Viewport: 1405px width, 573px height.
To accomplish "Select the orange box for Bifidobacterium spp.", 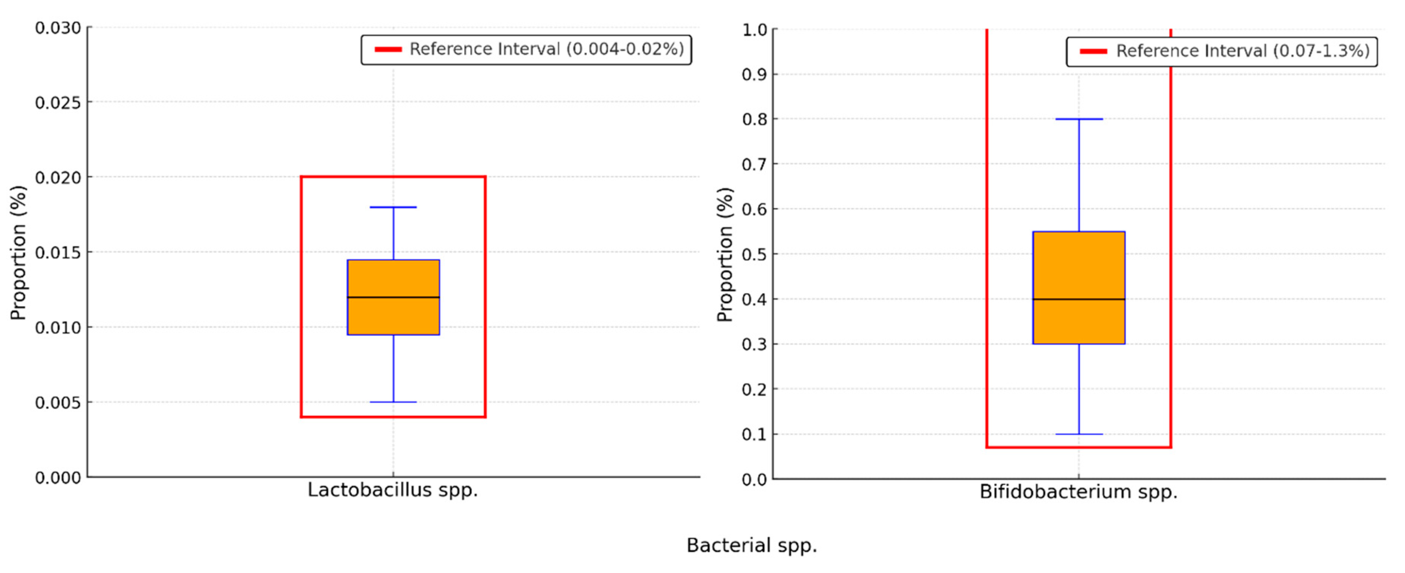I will pyautogui.click(x=1078, y=267).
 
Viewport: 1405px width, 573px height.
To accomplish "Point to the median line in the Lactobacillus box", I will pyautogui.click(x=393, y=297).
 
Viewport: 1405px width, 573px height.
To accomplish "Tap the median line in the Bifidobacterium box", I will pyautogui.click(x=1078, y=299).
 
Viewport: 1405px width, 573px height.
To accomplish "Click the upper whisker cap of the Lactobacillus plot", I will pyautogui.click(x=393, y=207).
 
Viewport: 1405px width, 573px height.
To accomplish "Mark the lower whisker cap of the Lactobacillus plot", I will pyautogui.click(x=393, y=402).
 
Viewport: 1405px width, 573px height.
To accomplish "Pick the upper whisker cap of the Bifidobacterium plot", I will pyautogui.click(x=1079, y=119).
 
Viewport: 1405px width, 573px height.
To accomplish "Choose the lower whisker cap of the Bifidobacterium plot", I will pyautogui.click(x=1079, y=435).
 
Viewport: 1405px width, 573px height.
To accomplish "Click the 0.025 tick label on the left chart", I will pyautogui.click(x=58, y=102).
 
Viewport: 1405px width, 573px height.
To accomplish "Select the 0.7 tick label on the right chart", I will pyautogui.click(x=754, y=164).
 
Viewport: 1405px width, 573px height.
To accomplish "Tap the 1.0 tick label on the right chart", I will pyautogui.click(x=754, y=29).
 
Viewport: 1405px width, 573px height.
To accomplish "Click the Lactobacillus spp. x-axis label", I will pyautogui.click(x=393, y=490).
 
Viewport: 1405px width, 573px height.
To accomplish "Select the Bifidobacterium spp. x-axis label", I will pyautogui.click(x=1078, y=492).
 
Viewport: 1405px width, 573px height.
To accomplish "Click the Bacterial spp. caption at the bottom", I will pyautogui.click(x=751, y=545).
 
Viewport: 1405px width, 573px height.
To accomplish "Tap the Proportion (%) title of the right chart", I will pyautogui.click(x=724, y=254).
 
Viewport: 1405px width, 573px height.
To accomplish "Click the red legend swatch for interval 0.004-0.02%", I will pyautogui.click(x=388, y=49).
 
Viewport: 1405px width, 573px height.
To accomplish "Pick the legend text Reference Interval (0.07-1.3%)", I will pyautogui.click(x=1242, y=51).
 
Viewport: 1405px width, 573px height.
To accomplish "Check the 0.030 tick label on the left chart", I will pyautogui.click(x=58, y=28).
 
